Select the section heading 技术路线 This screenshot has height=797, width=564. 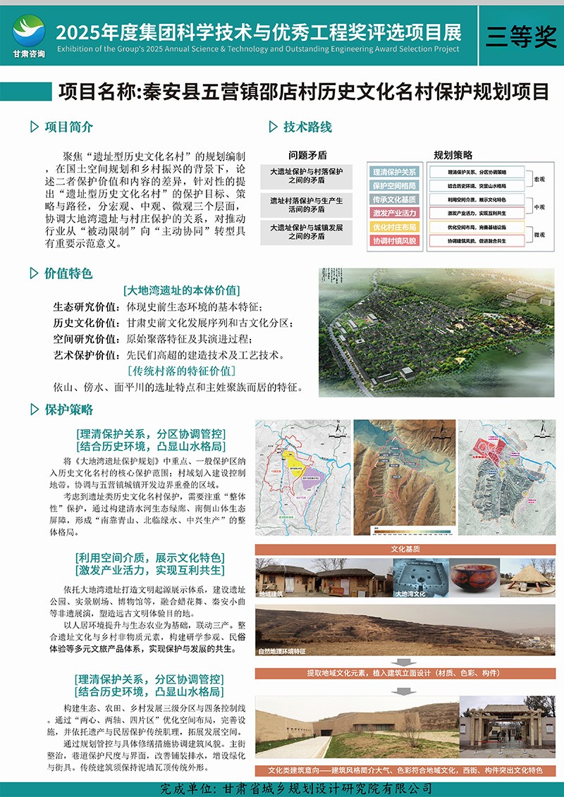coord(307,128)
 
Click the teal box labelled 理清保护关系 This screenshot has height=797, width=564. coord(394,172)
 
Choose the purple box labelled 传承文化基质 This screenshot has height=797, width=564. coord(394,199)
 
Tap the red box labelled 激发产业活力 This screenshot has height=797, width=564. coord(394,213)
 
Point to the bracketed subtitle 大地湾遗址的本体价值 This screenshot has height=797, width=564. coord(181,290)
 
